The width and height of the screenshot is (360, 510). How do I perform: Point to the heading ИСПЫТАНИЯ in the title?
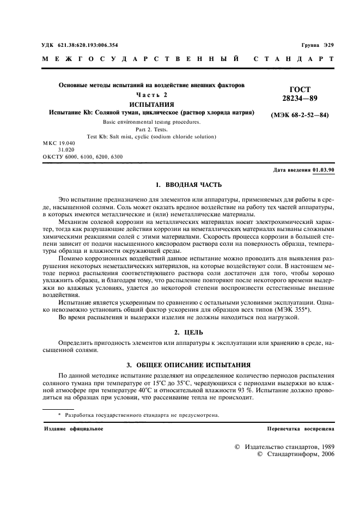[x=151, y=104]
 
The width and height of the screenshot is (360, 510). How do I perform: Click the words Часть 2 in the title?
[x=152, y=95]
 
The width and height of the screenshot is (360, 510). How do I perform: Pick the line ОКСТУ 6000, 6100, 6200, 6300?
[x=82, y=156]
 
